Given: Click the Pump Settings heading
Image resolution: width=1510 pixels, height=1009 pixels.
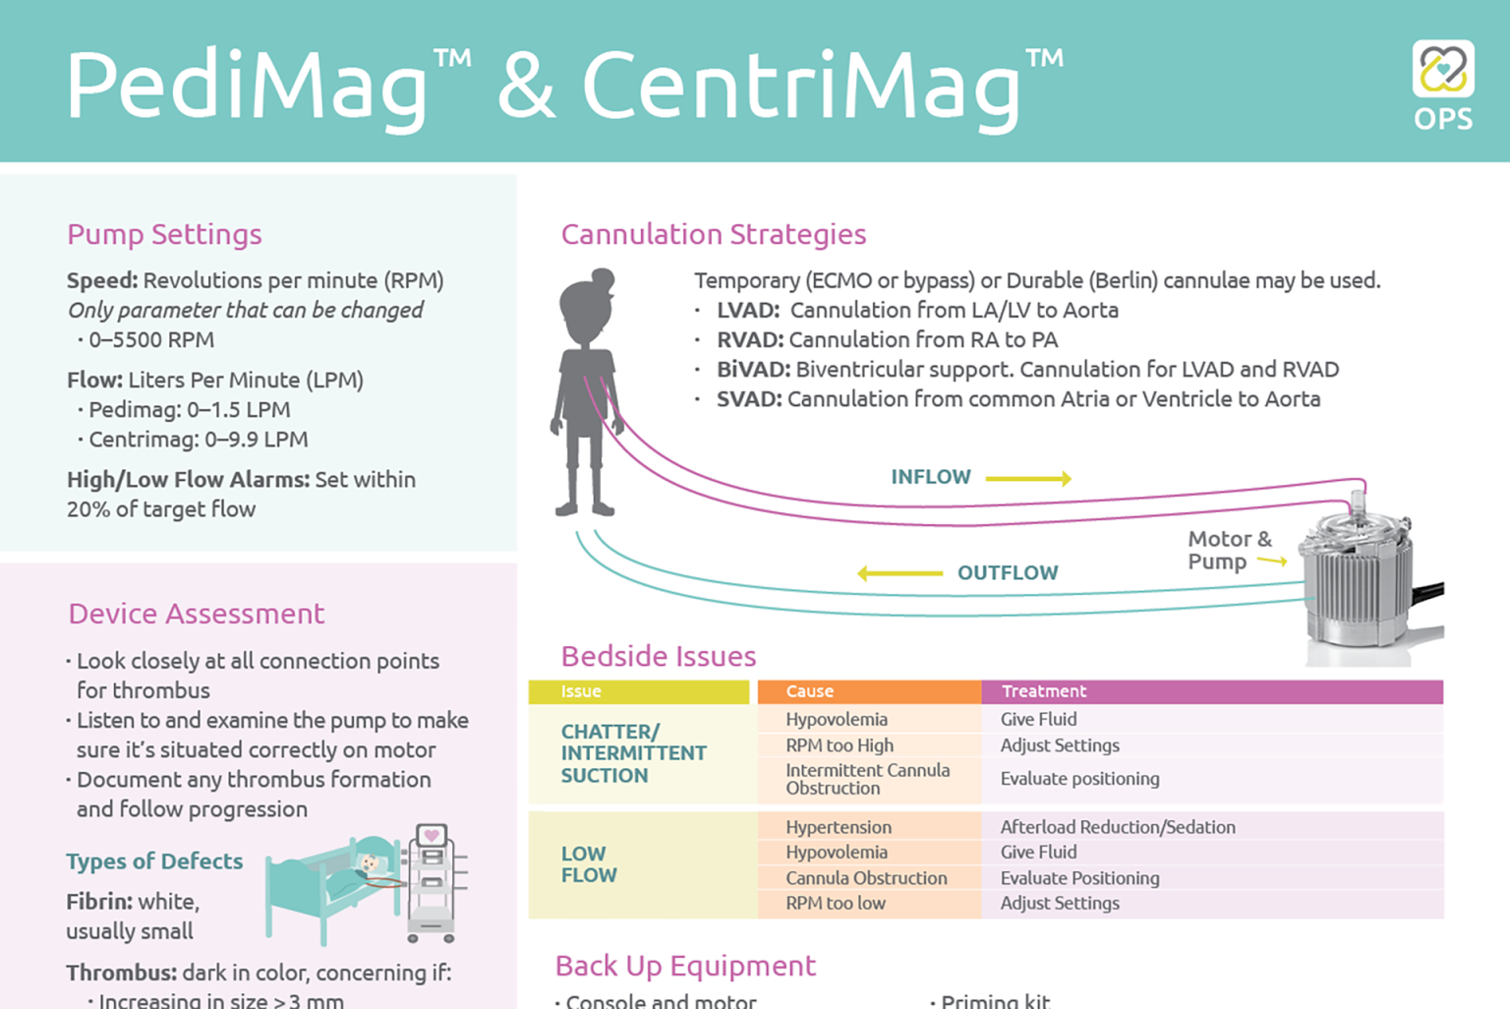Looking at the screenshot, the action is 164,235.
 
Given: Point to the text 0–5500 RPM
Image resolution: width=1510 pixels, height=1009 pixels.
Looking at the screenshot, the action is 151,339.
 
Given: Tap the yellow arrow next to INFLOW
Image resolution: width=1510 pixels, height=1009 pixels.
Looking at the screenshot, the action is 1028,478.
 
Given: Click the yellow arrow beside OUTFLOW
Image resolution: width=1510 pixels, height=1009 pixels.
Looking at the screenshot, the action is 900,573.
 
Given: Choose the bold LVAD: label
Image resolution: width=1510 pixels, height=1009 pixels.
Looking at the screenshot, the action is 748,310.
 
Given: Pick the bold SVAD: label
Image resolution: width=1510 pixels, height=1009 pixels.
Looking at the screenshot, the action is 749,399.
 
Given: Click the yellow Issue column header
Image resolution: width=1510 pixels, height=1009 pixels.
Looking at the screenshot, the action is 638,691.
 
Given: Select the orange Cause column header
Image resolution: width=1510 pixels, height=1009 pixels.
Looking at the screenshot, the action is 869,691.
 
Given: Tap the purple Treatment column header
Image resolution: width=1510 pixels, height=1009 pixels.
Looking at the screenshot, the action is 1212,691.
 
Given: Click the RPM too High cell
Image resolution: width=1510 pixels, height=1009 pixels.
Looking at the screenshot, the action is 840,745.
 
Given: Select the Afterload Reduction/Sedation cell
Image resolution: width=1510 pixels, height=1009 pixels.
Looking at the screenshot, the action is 1118,827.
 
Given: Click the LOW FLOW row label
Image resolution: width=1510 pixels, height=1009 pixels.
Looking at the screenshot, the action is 589,864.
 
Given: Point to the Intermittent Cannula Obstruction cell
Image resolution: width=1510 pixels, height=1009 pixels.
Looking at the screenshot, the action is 868,779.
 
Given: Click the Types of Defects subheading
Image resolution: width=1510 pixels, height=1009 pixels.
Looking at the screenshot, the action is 154,861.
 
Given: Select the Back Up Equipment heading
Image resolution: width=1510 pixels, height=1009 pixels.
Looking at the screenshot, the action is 685,966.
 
